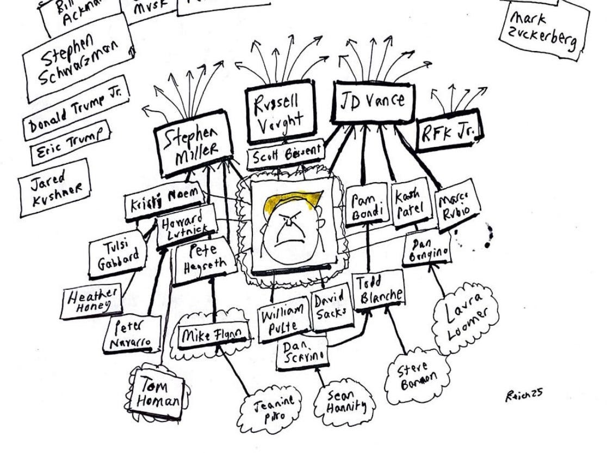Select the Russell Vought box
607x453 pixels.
click(x=279, y=113)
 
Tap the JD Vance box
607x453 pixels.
click(x=373, y=102)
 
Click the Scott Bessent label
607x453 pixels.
click(x=285, y=156)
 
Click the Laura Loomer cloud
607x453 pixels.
click(x=466, y=317)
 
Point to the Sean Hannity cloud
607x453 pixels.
click(x=343, y=404)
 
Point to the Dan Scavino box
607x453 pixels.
click(x=301, y=352)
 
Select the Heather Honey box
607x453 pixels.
click(x=90, y=300)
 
